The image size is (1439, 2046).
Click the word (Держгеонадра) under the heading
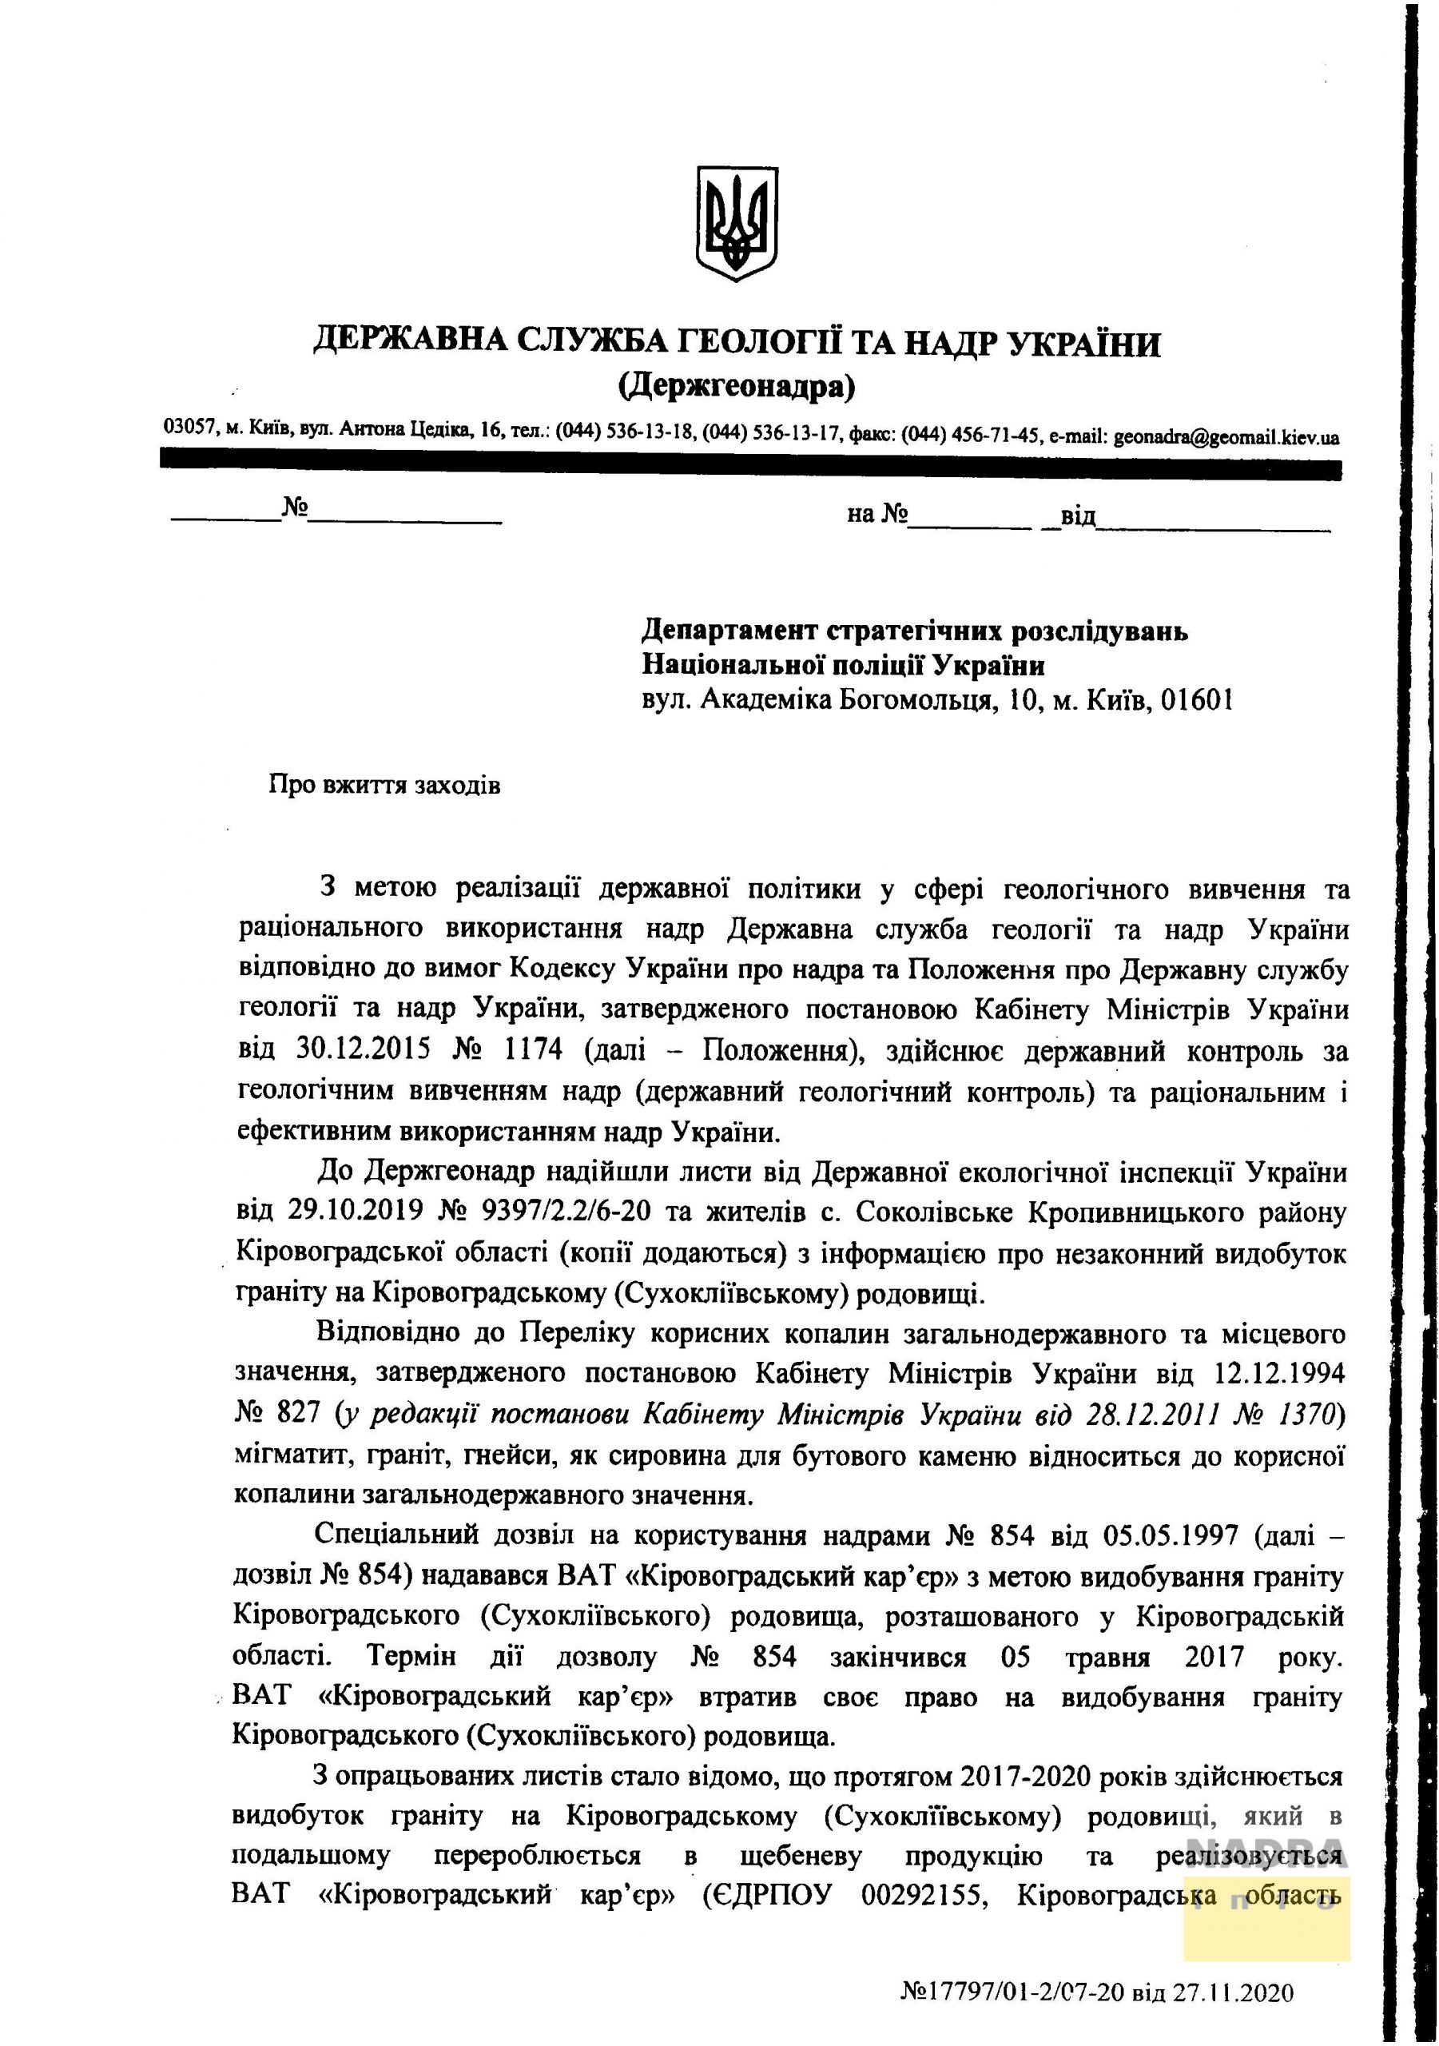coord(736,386)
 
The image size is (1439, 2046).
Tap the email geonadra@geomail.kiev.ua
coord(1226,436)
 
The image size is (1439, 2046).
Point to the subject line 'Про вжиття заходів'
coord(384,785)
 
